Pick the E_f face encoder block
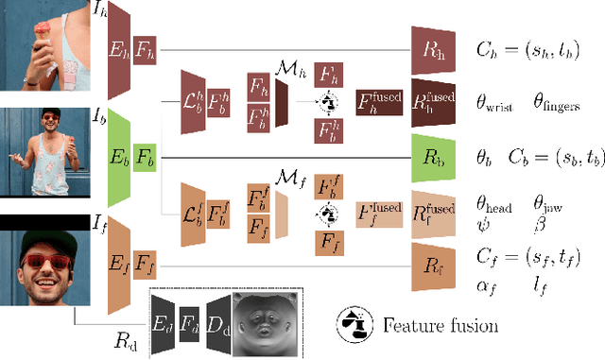pos(119,259)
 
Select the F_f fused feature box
pos(376,209)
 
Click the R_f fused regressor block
pos(434,209)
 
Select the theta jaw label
pos(559,201)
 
